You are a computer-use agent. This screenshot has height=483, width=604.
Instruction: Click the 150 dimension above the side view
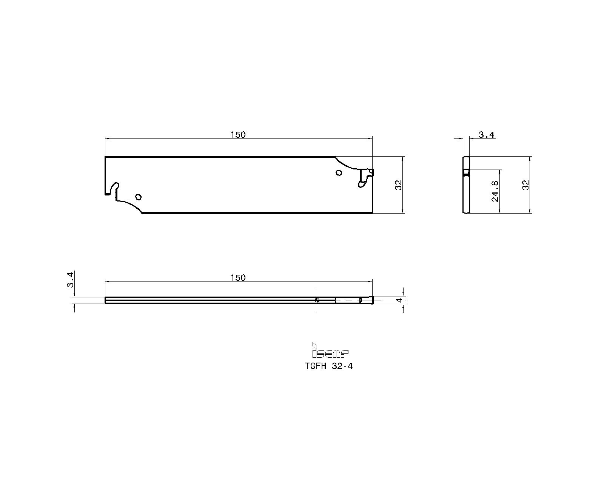pos(238,135)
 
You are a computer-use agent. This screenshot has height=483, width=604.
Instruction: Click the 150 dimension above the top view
pos(238,278)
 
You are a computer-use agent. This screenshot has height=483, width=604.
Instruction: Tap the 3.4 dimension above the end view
pos(487,135)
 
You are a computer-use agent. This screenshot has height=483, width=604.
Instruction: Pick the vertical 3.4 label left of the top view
pos(71,280)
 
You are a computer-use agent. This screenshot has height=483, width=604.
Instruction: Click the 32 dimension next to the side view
pos(399,185)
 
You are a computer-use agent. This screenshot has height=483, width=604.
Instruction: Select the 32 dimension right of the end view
pos(525,185)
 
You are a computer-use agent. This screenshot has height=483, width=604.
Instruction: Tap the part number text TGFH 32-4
pos(328,366)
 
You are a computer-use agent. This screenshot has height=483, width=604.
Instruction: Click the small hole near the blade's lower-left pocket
pos(138,197)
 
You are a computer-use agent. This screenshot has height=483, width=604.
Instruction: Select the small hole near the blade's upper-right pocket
pos(339,172)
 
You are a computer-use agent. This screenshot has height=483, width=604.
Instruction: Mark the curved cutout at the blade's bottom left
pos(130,206)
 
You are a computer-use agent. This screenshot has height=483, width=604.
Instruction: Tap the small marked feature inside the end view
pos(466,173)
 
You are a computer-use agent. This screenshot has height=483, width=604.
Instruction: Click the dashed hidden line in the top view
pos(347,300)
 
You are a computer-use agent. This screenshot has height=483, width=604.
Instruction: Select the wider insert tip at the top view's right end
pos(367,300)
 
